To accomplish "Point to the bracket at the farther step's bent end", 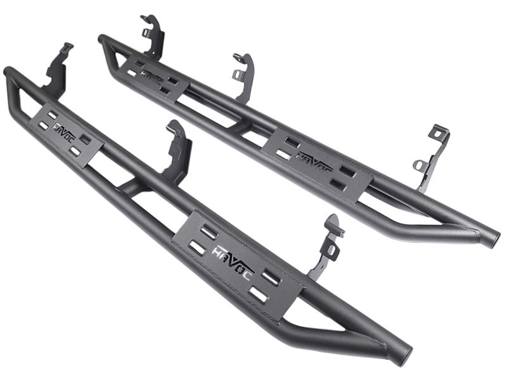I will tap(152, 35).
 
